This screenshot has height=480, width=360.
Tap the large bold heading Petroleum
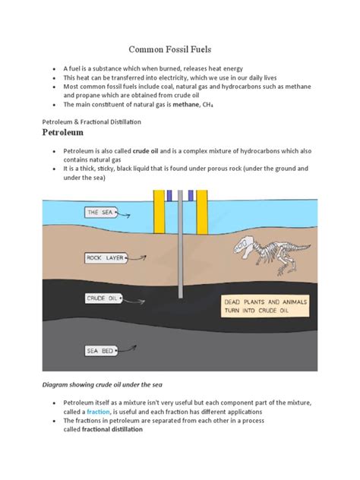click(71, 133)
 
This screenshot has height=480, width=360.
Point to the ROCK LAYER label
click(104, 257)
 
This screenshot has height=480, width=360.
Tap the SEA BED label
click(101, 350)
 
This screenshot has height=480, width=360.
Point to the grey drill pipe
click(180, 251)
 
